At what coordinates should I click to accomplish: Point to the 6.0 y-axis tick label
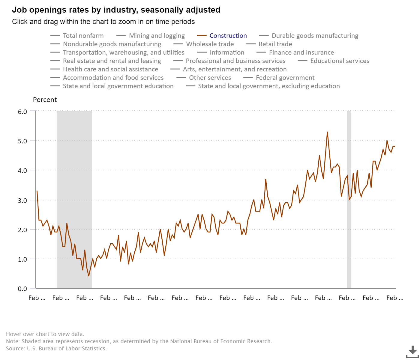pyautogui.click(x=22, y=112)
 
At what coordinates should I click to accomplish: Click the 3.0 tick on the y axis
pyautogui.click(x=22, y=200)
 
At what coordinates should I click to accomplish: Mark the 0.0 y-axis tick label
pyautogui.click(x=22, y=289)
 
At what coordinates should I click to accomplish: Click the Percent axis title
pyautogui.click(x=45, y=100)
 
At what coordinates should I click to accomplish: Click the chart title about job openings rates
pyautogui.click(x=116, y=10)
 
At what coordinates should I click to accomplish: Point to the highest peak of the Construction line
pyautogui.click(x=327, y=132)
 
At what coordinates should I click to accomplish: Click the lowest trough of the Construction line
pyautogui.click(x=89, y=276)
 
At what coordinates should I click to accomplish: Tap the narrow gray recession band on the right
pyautogui.click(x=349, y=199)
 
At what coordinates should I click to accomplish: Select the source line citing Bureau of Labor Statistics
pyautogui.click(x=56, y=349)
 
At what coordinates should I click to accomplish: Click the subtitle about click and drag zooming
pyautogui.click(x=103, y=22)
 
